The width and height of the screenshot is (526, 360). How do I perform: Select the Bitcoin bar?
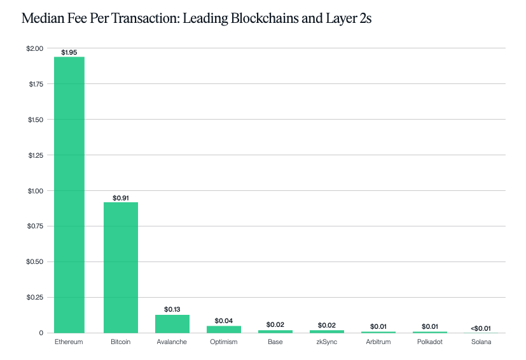121,267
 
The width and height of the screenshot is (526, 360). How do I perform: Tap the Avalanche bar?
172,324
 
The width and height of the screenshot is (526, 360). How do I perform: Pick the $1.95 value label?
69,52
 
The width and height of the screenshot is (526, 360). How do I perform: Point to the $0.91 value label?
121,198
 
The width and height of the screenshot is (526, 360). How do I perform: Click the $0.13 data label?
172,309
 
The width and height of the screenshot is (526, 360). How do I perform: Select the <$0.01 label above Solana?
481,328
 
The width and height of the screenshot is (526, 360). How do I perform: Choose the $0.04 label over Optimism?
224,321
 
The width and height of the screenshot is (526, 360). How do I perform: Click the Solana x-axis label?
481,342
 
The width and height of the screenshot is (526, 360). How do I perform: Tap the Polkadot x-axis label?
429,342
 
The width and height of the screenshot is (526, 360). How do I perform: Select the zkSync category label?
326,342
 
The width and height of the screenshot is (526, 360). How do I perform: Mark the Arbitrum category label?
378,342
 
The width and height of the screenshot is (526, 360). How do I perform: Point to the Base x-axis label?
275,342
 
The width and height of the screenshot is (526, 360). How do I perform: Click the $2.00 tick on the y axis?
35,48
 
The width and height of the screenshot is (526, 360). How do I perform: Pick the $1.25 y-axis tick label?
35,155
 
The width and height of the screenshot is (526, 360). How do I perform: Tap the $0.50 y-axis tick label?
35,261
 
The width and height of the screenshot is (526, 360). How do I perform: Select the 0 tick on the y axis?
41,333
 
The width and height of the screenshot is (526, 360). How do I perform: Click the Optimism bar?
224,329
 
